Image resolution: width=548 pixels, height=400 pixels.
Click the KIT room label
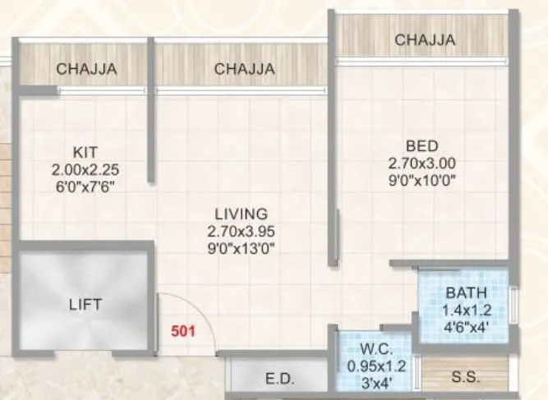click(86, 152)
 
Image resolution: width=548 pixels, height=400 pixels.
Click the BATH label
click(466, 292)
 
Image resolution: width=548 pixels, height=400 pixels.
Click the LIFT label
click(85, 305)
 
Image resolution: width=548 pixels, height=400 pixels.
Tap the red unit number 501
click(183, 333)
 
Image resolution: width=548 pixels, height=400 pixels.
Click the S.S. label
click(466, 378)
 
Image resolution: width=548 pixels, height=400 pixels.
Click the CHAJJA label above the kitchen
click(86, 70)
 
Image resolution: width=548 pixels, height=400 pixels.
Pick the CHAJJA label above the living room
click(244, 70)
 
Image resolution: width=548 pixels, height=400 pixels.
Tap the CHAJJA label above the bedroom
click(425, 39)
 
